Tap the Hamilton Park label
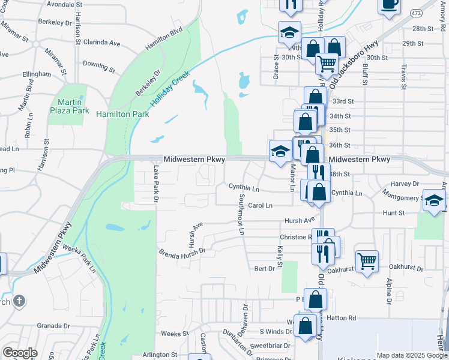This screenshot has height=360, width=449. tap(122, 114)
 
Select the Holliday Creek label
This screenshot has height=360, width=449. tap(170, 89)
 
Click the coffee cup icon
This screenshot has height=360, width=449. tap(389, 4)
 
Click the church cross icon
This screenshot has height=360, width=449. tap(19, 301)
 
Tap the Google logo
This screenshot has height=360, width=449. tap(20, 353)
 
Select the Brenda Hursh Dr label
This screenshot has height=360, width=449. tap(182, 252)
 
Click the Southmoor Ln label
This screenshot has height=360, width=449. tap(242, 214)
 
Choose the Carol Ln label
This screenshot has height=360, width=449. tap(260, 205)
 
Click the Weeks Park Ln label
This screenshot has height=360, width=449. tap(79, 257)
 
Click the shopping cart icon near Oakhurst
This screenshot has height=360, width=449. tap(367, 260)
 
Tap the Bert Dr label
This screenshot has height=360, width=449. tap(264, 268)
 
